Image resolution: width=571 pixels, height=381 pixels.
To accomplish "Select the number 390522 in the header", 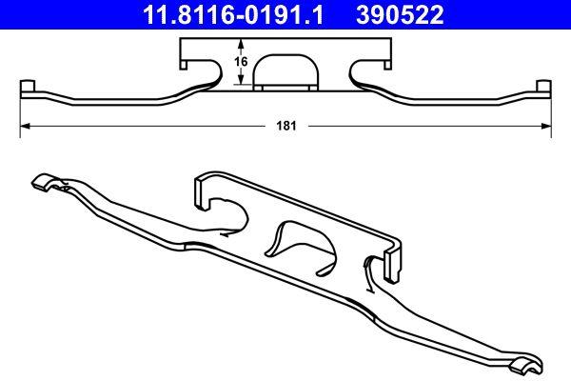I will click(398, 14).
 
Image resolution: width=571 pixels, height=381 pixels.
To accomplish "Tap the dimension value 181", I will click(284, 126).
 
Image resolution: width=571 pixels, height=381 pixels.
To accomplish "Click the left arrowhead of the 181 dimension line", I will click(25, 126).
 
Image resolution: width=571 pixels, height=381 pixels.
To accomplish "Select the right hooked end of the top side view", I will click(543, 91).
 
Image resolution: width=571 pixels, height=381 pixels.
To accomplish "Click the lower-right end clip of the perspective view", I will click(524, 363).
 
